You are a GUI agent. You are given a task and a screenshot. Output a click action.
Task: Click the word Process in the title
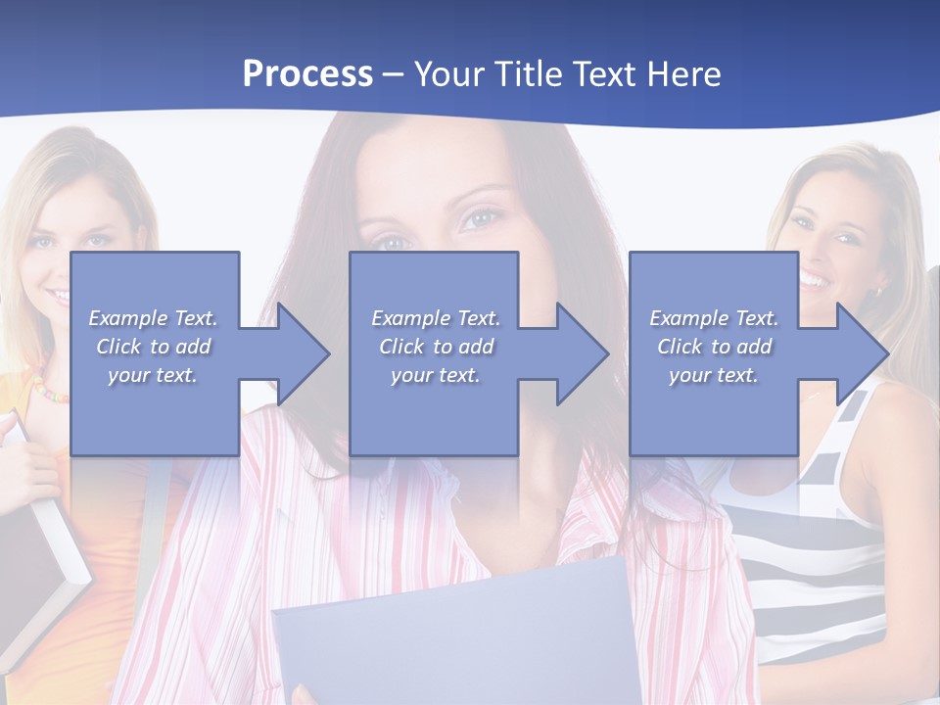(x=307, y=74)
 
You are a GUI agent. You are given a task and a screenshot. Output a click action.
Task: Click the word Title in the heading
(x=524, y=74)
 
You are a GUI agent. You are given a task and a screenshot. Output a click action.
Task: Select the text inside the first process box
(x=153, y=347)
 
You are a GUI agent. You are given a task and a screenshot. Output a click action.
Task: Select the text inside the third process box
(x=714, y=347)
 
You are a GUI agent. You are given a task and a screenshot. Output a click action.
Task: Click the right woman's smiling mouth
(x=813, y=280)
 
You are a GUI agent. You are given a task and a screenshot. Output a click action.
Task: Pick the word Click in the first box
(x=118, y=347)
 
